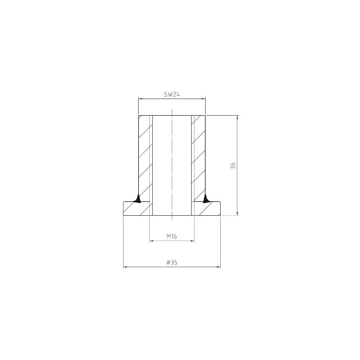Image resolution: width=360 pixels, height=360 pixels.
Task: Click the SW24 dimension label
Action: pyautogui.click(x=171, y=94)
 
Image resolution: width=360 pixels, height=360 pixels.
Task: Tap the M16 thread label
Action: pyautogui.click(x=172, y=236)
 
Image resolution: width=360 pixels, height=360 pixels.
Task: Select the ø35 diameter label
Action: pyautogui.click(x=172, y=262)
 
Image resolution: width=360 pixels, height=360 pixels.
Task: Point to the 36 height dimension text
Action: pyautogui.click(x=233, y=166)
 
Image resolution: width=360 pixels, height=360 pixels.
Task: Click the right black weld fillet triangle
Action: pyautogui.click(x=206, y=199)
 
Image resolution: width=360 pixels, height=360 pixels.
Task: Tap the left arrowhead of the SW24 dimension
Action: pyautogui.click(x=140, y=99)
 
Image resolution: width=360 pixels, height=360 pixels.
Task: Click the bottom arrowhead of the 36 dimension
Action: pyautogui.click(x=237, y=213)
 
